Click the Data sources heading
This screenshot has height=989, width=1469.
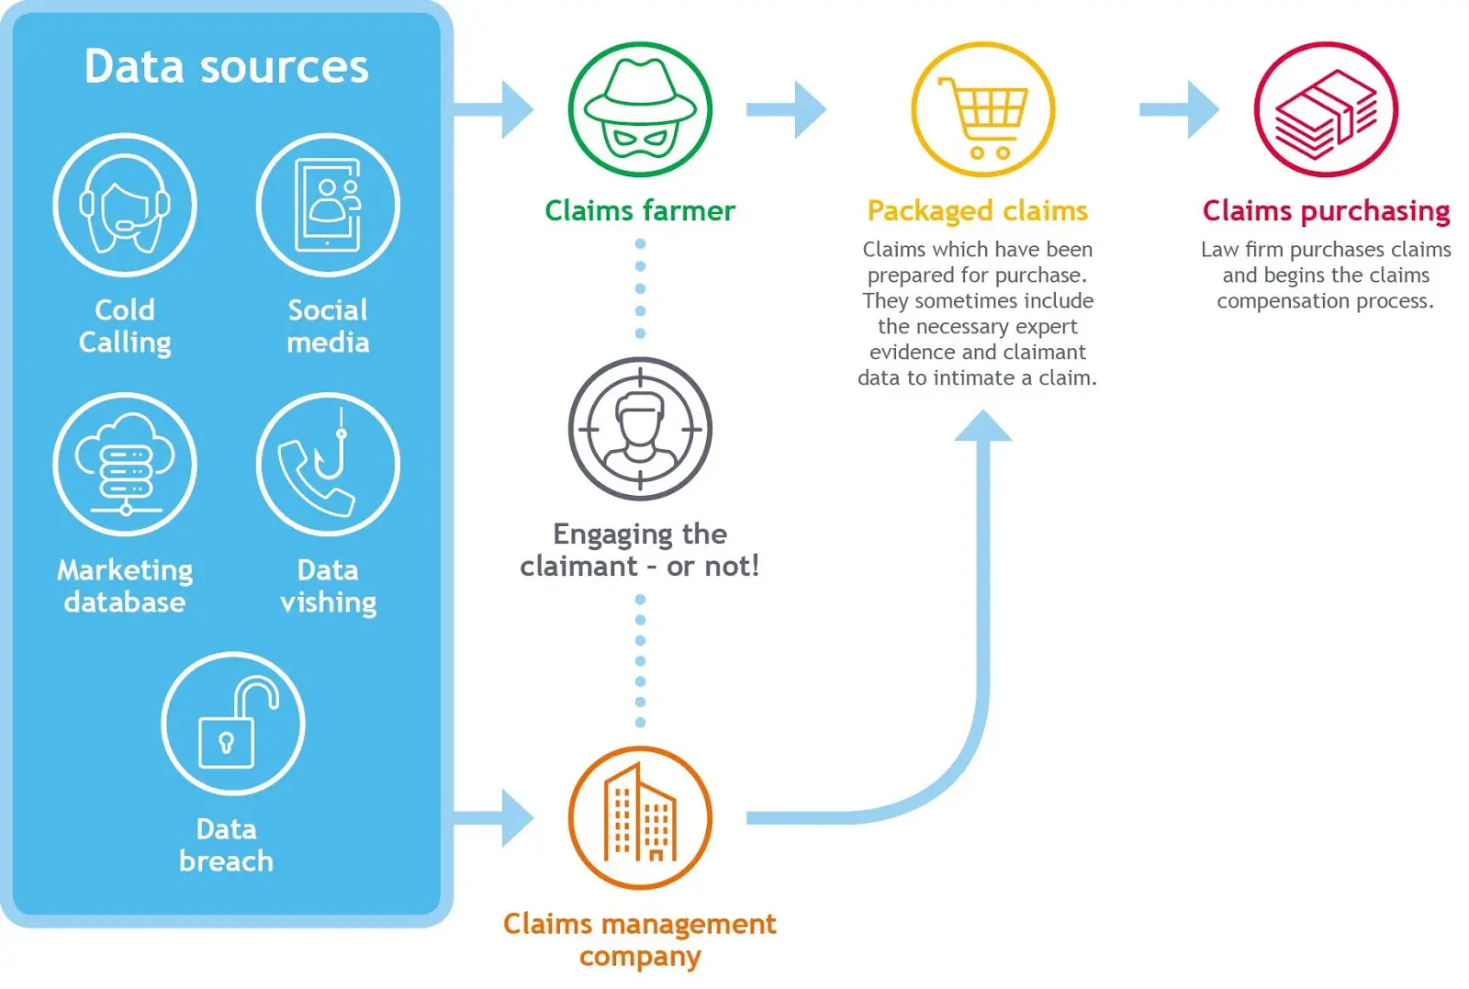tap(226, 67)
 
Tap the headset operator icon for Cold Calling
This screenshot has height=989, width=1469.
tap(125, 205)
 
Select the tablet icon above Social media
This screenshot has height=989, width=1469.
tap(328, 205)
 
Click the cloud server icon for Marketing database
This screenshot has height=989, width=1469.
tap(125, 464)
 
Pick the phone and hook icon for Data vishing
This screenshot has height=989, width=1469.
tap(328, 464)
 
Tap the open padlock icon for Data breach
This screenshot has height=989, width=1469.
tap(233, 723)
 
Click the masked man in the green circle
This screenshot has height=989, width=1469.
tap(640, 109)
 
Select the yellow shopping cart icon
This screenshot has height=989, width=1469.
tap(982, 109)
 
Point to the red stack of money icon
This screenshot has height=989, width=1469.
tap(1326, 109)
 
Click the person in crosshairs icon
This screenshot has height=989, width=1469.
tap(640, 429)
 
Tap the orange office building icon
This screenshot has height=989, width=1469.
tap(640, 817)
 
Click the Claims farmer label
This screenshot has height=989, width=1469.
tap(640, 211)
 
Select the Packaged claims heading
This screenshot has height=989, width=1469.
tap(977, 211)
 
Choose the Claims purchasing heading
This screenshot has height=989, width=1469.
tap(1326, 211)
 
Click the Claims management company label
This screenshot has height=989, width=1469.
tap(640, 938)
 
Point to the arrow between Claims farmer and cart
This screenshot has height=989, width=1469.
tap(788, 109)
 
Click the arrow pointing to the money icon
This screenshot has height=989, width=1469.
tap(1180, 109)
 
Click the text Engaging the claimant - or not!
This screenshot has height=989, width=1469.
tap(640, 549)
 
